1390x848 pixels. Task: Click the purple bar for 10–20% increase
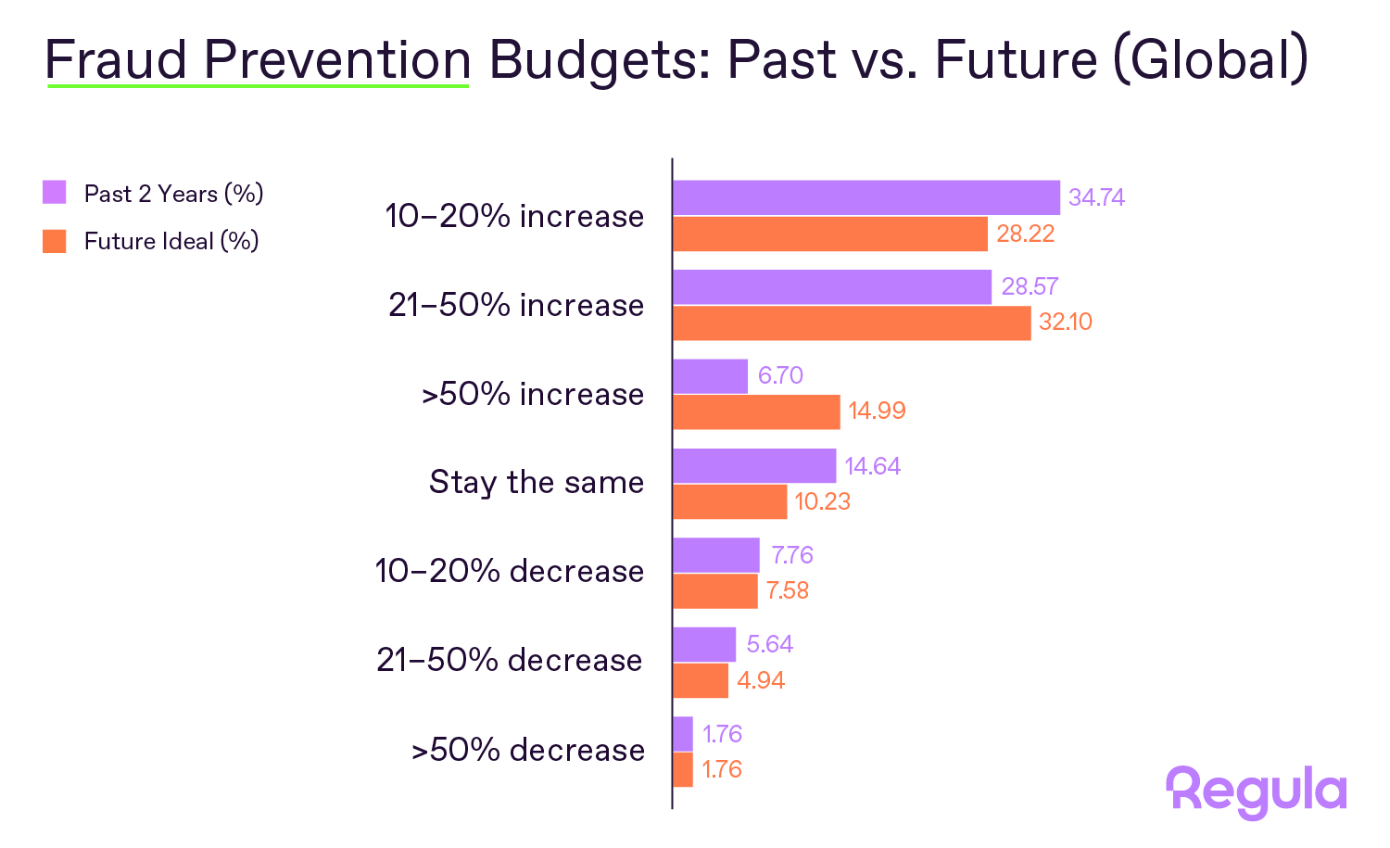(x=866, y=197)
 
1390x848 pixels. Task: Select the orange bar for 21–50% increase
(x=851, y=323)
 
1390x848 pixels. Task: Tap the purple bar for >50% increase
(x=710, y=376)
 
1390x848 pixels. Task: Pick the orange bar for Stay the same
(x=729, y=502)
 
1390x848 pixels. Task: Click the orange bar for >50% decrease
(x=683, y=769)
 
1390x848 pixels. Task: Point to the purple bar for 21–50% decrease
(x=704, y=644)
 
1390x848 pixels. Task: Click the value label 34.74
(x=1096, y=197)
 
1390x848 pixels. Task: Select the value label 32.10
(x=1065, y=323)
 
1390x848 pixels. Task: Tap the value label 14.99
(x=877, y=411)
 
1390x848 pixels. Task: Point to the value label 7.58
(x=787, y=591)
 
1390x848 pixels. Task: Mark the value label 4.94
(x=760, y=680)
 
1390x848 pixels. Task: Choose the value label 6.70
(x=779, y=375)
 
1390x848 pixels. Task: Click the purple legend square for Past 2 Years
(x=55, y=193)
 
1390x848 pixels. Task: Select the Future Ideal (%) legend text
(x=171, y=241)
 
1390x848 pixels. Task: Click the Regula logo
(x=1256, y=791)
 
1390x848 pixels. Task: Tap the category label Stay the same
(x=536, y=483)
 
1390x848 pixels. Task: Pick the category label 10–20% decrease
(x=509, y=571)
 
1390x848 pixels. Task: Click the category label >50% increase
(x=533, y=394)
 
